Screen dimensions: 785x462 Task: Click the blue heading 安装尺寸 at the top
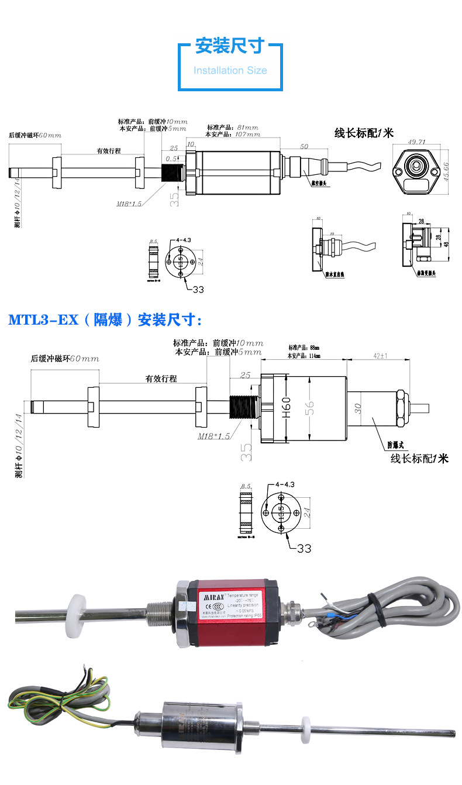[x=230, y=46]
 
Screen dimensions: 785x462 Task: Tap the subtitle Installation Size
[x=230, y=71]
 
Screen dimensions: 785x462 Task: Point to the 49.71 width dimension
[x=416, y=142]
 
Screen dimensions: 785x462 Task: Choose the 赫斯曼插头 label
[x=430, y=273]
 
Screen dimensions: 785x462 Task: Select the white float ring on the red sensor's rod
[x=77, y=609]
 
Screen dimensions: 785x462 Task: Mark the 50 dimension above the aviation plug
[x=304, y=146]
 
